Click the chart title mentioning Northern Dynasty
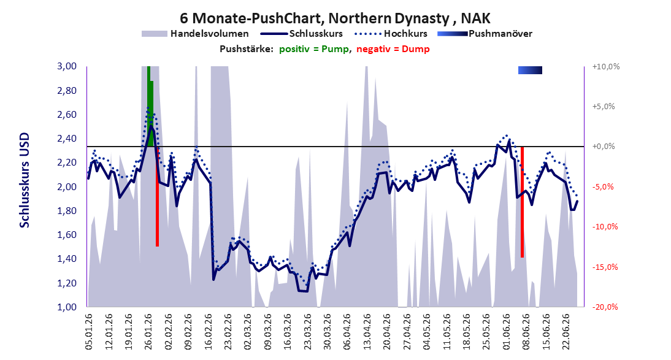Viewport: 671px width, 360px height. (335, 18)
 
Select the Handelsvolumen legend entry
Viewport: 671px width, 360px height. (195, 34)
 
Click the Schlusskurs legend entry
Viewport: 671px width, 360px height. (302, 34)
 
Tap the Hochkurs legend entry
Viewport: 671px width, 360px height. (391, 34)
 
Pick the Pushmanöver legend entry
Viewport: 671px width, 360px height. (485, 34)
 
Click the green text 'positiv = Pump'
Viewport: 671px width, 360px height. (314, 49)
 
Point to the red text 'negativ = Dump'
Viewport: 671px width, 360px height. (393, 49)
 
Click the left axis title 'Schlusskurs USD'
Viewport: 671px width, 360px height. (25, 180)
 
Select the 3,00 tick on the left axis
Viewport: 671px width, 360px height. (67, 66)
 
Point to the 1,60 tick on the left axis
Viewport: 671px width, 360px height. (67, 235)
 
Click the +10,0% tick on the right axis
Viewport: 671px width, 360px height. (606, 67)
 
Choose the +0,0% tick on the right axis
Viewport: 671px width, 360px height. (604, 147)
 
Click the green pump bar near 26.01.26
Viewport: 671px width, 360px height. (150, 106)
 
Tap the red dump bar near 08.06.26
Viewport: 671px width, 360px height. (522, 202)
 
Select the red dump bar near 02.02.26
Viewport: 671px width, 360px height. (157, 196)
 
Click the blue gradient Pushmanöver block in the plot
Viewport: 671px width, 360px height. (530, 70)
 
